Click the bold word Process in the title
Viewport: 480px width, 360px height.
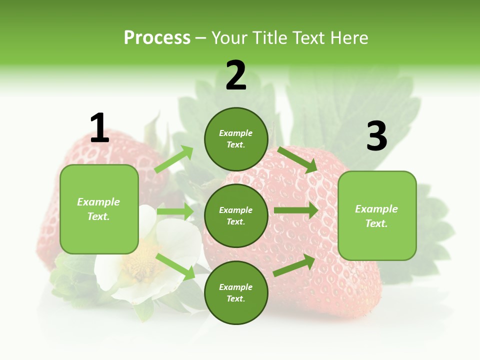[157, 37]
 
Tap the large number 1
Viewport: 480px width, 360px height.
[99, 128]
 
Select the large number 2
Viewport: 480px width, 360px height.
[236, 75]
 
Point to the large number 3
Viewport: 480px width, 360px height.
[376, 136]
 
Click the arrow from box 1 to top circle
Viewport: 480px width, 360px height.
[174, 159]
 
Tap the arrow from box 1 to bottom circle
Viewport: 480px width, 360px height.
[175, 266]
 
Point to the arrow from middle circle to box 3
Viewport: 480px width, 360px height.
[296, 210]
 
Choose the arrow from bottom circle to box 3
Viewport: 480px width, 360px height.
[294, 265]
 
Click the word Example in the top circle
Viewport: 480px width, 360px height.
[236, 133]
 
